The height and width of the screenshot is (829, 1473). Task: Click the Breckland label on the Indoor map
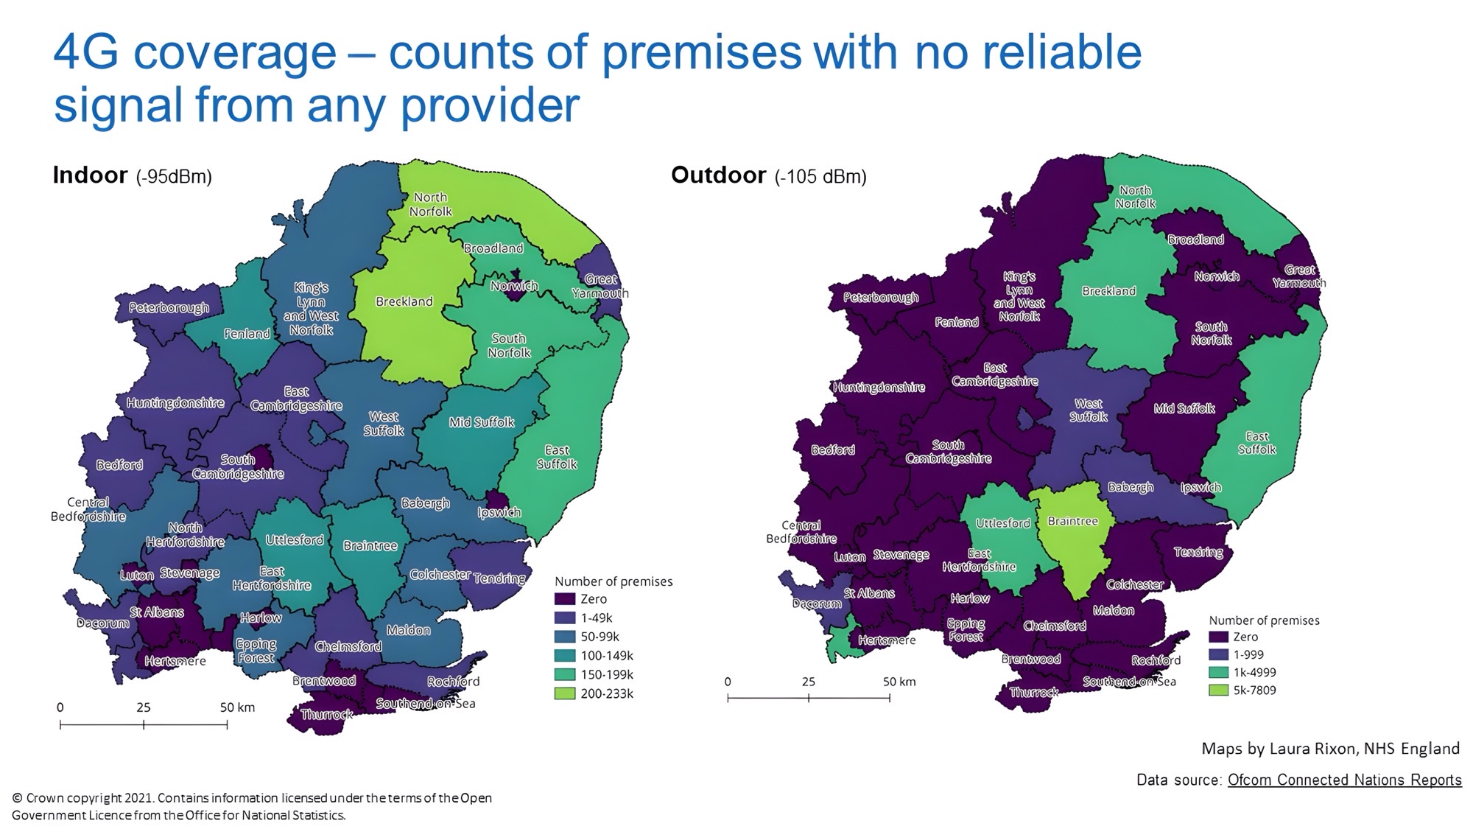404,301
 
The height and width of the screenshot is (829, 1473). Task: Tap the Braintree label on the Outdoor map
1072,521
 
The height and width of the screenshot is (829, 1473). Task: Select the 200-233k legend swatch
565,693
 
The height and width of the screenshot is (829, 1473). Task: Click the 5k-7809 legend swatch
1219,690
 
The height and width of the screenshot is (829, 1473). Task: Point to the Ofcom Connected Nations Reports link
1344,780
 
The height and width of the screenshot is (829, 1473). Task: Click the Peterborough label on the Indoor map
169,308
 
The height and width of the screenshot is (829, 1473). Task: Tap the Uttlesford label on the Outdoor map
1002,523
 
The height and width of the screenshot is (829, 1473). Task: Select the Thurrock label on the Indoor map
326,715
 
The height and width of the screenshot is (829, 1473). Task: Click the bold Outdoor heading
718,175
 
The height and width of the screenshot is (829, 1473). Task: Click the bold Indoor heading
90,175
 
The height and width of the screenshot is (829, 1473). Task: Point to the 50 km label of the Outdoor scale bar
899,682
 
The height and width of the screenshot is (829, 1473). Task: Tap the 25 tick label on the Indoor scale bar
143,707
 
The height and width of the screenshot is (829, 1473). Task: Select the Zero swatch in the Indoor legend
565,599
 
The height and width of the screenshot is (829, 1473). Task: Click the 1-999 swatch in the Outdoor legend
1219,654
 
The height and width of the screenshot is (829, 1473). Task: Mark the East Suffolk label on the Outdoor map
1256,443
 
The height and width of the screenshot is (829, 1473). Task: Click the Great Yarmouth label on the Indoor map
600,286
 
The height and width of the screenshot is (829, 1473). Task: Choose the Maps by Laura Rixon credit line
1330,749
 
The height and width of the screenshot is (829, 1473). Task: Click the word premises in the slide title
703,53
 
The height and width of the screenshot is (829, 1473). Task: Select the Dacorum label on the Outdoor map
816,604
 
